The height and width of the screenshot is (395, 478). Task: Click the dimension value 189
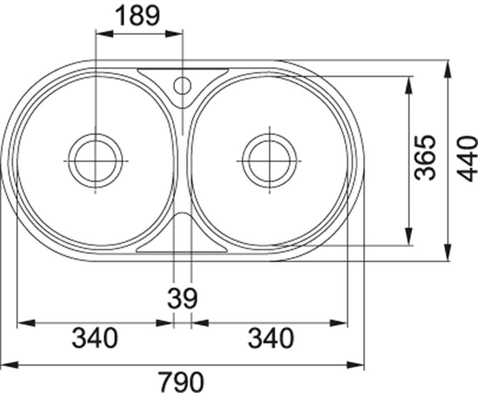pos(138,16)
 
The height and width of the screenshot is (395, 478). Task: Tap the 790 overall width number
pos(182,382)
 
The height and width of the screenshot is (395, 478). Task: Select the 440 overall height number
pos(467,158)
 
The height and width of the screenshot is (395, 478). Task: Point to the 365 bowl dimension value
pos(425,158)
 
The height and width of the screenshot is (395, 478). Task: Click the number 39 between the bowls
pos(182,298)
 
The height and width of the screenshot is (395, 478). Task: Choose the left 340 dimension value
pos(94,338)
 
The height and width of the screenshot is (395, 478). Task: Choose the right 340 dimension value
pos(271,338)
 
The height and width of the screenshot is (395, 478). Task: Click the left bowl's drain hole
pos(96,161)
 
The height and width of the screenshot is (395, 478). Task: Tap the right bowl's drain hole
pos(270,160)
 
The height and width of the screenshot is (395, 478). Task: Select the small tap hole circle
pos(182,85)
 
